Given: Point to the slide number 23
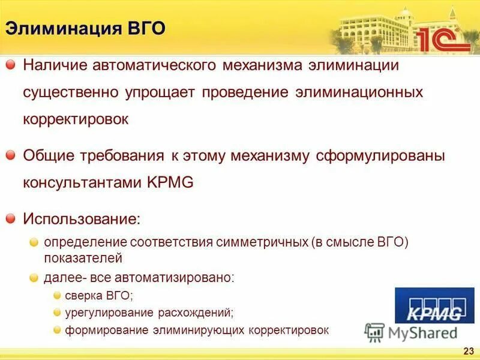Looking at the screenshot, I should [x=469, y=350].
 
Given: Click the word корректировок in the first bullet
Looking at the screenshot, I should [x=76, y=119].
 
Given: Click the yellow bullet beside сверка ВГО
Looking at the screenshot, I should [x=57, y=295].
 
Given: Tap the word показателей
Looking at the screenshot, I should [x=83, y=259].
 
